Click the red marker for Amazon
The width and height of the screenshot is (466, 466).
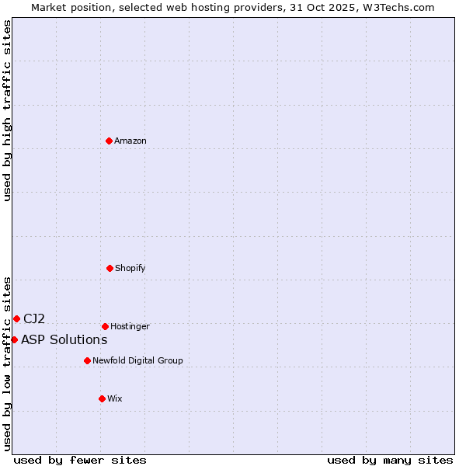click(110, 141)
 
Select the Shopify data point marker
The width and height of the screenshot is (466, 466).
click(110, 268)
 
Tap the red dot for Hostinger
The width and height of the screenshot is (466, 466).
click(105, 326)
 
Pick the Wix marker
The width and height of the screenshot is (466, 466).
click(102, 398)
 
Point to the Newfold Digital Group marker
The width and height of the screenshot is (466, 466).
click(87, 360)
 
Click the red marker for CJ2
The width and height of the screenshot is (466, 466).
click(16, 318)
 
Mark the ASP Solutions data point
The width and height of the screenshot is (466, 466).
click(14, 339)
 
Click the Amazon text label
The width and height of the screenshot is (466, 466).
click(130, 141)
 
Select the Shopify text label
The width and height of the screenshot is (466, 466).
click(130, 268)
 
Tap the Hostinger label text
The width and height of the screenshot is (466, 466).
click(130, 326)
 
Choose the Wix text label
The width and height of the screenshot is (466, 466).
click(115, 398)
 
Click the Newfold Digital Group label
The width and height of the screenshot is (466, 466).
click(137, 360)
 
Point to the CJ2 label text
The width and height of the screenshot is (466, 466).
click(34, 318)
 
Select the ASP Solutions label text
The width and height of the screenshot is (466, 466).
click(64, 339)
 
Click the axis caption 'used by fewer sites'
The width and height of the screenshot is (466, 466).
click(80, 460)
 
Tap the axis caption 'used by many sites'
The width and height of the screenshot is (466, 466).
click(390, 460)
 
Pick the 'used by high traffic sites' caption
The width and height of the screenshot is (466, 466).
click(7, 110)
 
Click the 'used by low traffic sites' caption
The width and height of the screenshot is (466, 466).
click(7, 363)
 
